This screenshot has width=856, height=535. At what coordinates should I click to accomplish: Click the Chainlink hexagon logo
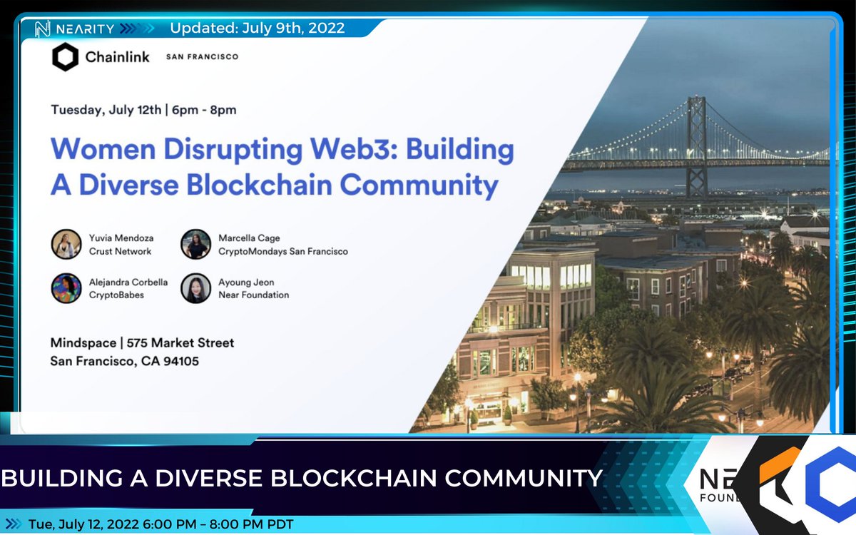(x=65, y=57)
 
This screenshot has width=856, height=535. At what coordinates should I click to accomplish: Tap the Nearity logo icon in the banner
(x=41, y=29)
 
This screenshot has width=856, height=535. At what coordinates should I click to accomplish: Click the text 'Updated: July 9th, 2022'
(x=257, y=29)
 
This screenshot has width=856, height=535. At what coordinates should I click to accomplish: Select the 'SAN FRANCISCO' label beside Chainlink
(x=202, y=57)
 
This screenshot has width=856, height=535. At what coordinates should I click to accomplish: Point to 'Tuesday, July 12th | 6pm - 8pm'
(x=143, y=110)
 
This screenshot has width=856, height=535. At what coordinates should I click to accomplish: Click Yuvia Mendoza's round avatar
(x=66, y=244)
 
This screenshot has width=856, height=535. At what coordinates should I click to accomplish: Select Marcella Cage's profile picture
(x=195, y=244)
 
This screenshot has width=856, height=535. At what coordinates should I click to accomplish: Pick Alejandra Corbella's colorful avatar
(x=66, y=288)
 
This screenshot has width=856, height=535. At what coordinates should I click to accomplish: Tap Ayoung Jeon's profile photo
(x=195, y=288)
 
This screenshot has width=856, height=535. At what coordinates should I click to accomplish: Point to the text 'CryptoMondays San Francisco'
(x=284, y=251)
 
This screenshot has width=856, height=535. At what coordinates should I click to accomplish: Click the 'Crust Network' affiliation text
(x=121, y=251)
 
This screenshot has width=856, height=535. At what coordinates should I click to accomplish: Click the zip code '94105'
(x=179, y=362)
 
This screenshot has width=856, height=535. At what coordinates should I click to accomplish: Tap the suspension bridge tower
(x=696, y=143)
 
